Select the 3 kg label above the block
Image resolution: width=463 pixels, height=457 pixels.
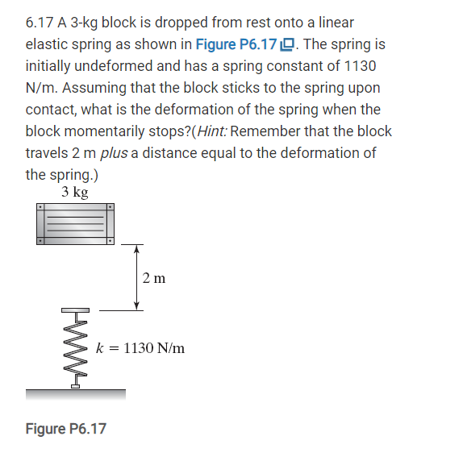74,192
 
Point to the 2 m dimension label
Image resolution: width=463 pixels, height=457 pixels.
153,278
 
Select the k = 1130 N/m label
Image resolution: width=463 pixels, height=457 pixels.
141,348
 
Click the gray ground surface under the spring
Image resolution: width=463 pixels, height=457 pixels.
75,394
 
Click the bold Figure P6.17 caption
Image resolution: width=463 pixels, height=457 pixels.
65,428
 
